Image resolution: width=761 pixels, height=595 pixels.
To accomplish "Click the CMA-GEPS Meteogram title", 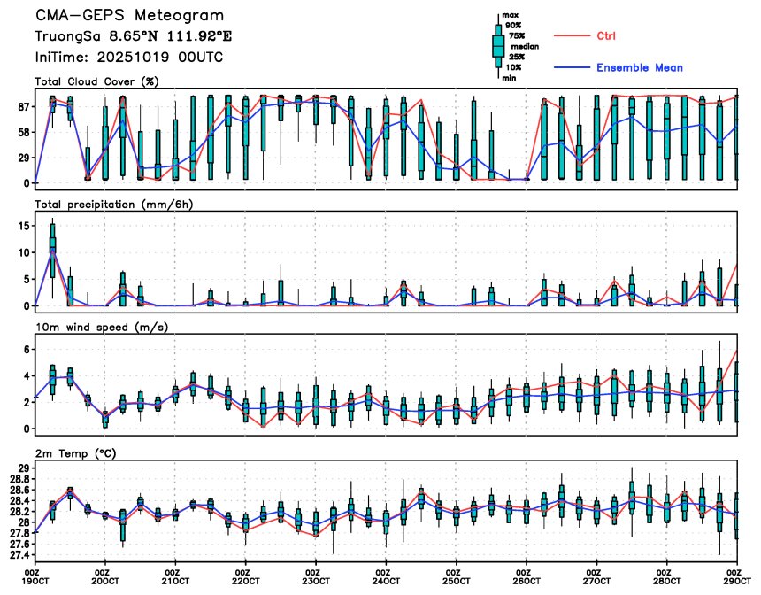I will (129, 16).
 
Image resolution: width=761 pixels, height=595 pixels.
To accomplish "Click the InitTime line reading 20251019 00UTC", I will (129, 57).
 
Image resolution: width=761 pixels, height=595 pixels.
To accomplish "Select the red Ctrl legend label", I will (606, 35).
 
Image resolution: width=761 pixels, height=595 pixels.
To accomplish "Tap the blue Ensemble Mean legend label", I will (639, 67).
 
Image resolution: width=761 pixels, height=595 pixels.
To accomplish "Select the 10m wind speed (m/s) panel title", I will (102, 327).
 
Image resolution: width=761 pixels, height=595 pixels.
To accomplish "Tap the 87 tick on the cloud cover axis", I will (21, 106).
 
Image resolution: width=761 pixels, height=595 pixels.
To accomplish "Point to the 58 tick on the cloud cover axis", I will (21, 132).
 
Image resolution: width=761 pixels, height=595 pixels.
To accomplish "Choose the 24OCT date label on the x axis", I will (386, 581).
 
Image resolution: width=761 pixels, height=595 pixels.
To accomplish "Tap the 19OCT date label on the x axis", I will (35, 581).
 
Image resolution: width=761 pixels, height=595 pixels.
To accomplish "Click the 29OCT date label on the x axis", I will (737, 581).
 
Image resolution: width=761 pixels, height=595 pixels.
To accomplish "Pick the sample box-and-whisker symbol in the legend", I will (498, 44).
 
